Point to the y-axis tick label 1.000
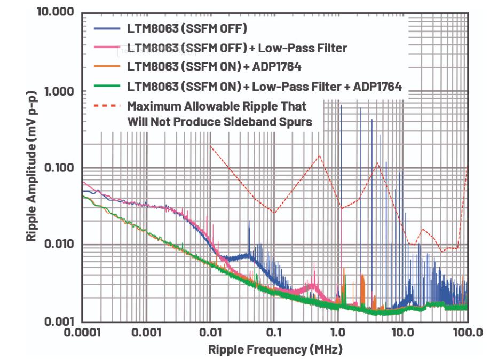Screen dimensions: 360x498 [59, 91]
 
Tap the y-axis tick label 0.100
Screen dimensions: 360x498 [58, 168]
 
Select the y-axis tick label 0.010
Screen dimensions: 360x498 [58, 245]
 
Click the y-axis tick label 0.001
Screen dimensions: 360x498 [58, 322]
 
